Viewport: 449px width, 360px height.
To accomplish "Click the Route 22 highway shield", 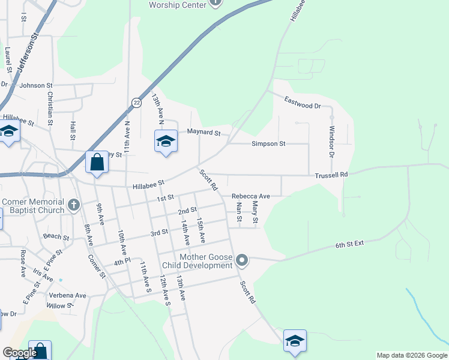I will (x=137, y=103).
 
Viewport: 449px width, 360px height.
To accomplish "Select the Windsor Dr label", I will (x=331, y=142).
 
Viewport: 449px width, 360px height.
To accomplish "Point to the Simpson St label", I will (x=268, y=144).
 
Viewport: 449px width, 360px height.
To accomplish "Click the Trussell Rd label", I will (x=331, y=175).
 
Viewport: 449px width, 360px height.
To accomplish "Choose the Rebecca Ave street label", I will (x=251, y=196).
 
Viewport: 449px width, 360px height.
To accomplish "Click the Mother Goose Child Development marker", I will (x=242, y=260).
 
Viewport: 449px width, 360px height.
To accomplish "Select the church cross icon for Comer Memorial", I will (x=73, y=205).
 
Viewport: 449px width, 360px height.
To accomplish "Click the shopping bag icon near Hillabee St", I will (x=97, y=162).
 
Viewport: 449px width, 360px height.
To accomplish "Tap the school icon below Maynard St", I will (x=166, y=142).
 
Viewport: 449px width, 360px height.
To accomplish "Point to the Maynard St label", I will (x=204, y=132).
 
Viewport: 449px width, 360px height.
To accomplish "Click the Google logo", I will (x=19, y=353).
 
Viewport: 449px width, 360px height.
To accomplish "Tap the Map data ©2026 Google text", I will (x=411, y=355).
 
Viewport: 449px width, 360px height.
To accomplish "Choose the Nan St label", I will (x=239, y=212).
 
